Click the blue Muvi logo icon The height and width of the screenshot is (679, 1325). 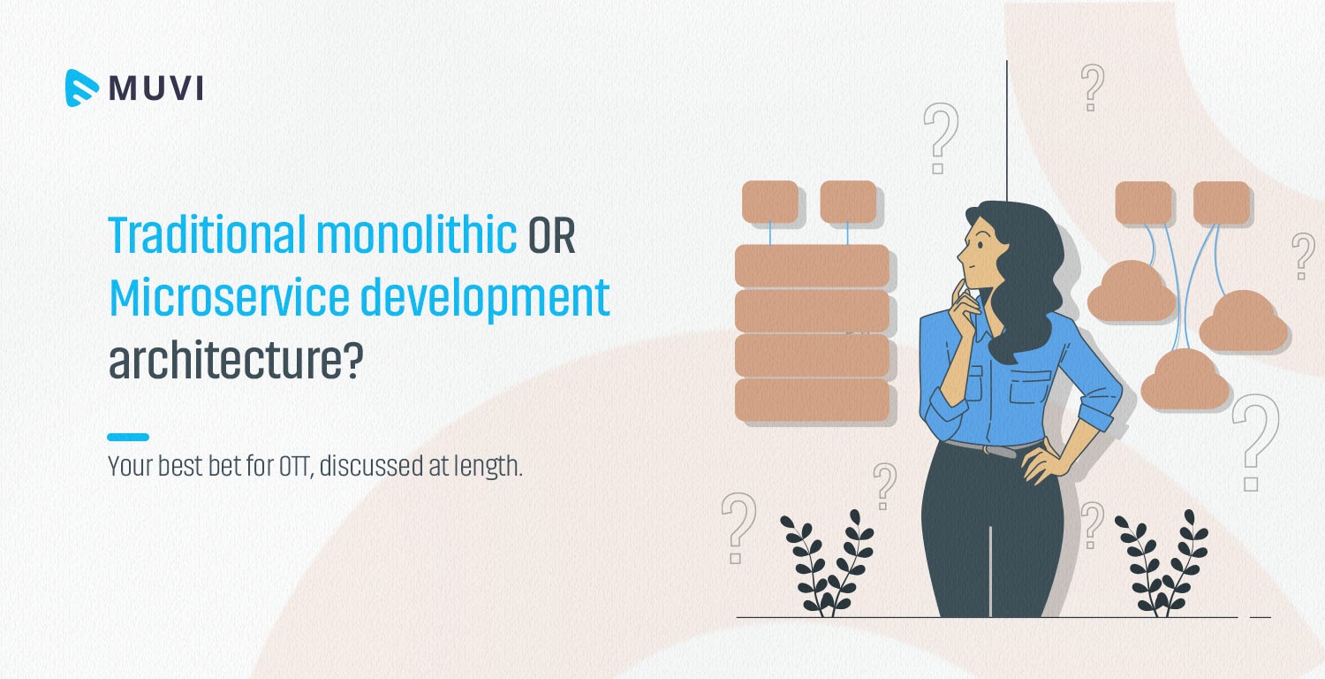click(x=81, y=88)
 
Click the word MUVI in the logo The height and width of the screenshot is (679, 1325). click(x=156, y=88)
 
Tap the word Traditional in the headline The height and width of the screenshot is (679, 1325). click(x=207, y=235)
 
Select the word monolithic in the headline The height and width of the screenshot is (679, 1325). click(x=416, y=235)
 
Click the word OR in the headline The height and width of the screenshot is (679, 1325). click(x=551, y=236)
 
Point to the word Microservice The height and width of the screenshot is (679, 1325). click(x=230, y=297)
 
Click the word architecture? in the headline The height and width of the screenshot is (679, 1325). click(x=236, y=361)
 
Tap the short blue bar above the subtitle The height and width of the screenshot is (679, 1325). click(x=128, y=437)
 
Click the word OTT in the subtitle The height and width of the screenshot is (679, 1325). click(x=294, y=467)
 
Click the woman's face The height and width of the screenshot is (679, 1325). click(x=980, y=252)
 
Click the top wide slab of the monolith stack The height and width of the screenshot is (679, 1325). click(x=812, y=266)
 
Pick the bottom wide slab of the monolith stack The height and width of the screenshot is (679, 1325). click(x=812, y=401)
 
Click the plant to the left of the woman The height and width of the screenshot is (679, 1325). click(x=827, y=563)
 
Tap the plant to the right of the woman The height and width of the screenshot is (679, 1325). click(x=1162, y=563)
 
